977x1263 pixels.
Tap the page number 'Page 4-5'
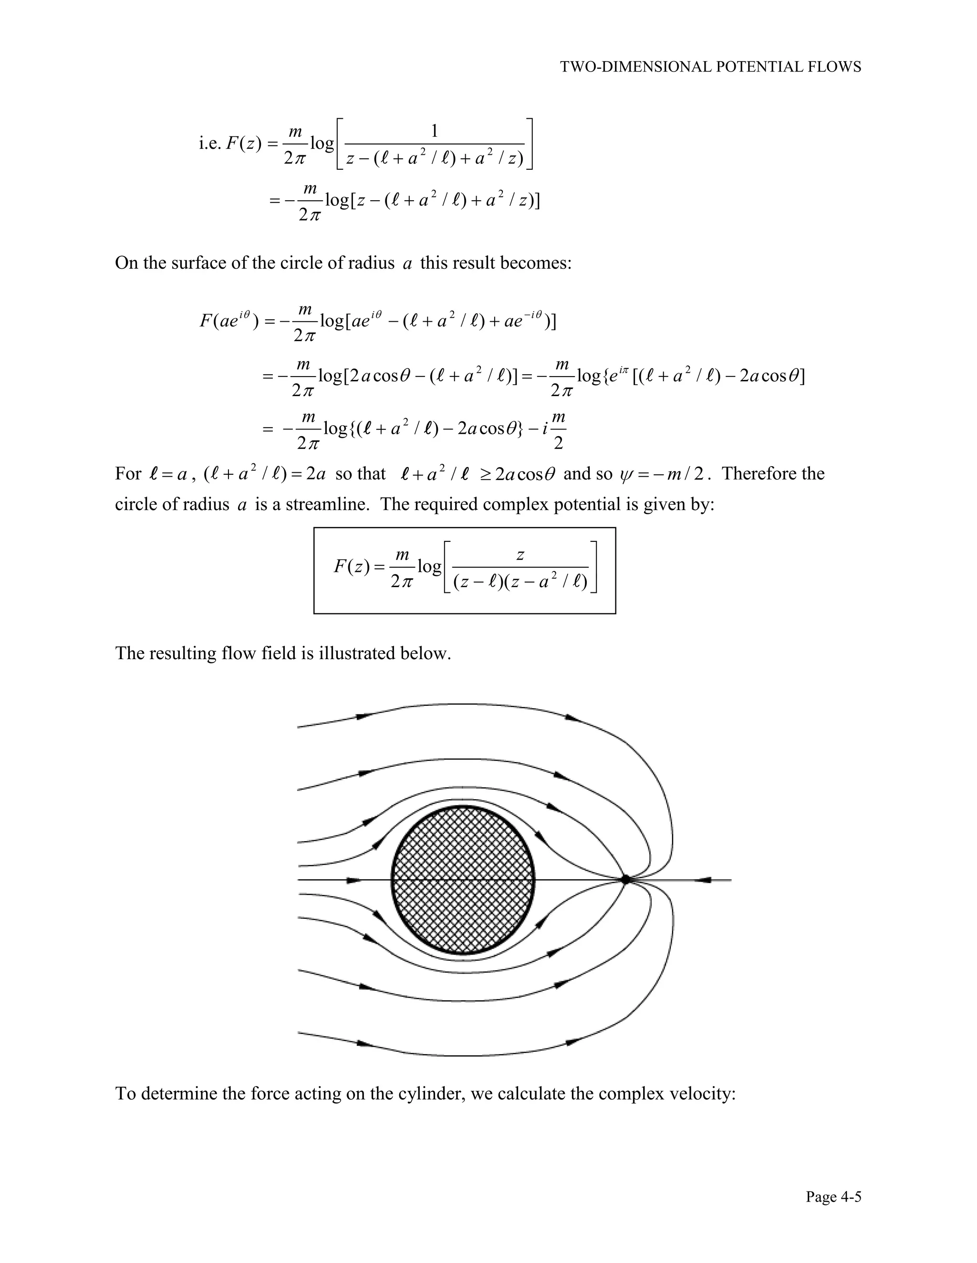(x=833, y=1196)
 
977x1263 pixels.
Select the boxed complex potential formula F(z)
(x=464, y=570)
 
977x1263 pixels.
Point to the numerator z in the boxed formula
(x=520, y=555)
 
